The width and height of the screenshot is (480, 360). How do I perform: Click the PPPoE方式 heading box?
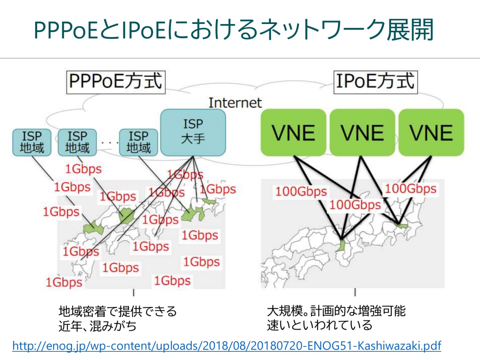click(x=115, y=81)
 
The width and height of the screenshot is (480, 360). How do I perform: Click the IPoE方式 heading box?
click(x=375, y=81)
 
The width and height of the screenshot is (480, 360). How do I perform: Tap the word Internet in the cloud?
click(x=235, y=102)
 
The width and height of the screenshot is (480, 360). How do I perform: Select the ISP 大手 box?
click(x=193, y=132)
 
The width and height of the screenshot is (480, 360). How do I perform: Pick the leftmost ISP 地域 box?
click(x=31, y=142)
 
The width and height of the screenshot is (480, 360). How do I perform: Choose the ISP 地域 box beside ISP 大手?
click(x=138, y=142)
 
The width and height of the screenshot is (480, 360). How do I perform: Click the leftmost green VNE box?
click(x=293, y=132)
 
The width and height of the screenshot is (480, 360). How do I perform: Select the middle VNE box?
click(x=362, y=132)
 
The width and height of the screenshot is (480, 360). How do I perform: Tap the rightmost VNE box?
click(x=431, y=132)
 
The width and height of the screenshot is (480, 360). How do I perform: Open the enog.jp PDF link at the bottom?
click(x=226, y=345)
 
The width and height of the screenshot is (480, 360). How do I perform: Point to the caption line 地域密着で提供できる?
click(x=117, y=311)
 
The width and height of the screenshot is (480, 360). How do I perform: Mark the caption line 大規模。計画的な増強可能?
click(x=336, y=311)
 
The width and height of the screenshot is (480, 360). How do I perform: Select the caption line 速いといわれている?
click(x=319, y=325)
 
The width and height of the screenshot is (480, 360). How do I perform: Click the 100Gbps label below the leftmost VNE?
click(x=301, y=191)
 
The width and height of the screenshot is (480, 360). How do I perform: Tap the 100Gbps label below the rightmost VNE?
click(x=411, y=188)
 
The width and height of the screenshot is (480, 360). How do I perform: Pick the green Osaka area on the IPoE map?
click(x=341, y=246)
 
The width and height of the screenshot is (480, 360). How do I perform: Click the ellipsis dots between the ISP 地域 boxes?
click(x=108, y=142)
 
